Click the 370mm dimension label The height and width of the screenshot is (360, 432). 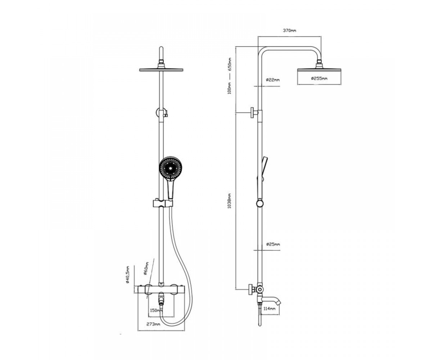(x=289, y=31)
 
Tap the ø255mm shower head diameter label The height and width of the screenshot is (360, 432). (x=319, y=78)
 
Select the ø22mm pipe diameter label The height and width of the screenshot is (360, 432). (x=273, y=80)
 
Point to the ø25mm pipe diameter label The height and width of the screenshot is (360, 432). (x=273, y=244)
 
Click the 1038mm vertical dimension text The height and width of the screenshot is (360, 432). (x=229, y=201)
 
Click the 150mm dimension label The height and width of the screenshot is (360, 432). (x=156, y=311)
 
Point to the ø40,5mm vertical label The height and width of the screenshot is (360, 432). (x=127, y=275)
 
